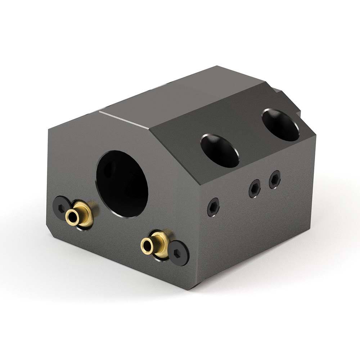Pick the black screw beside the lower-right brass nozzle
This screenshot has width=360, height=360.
coord(179,253)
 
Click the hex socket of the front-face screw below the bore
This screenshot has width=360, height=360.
coord(179,253)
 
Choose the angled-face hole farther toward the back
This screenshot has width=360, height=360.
coord(280,125)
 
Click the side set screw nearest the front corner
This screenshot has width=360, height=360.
coord(213,207)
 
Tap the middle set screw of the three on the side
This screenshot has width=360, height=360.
coord(255,188)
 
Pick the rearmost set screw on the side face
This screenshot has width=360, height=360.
coord(275,179)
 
